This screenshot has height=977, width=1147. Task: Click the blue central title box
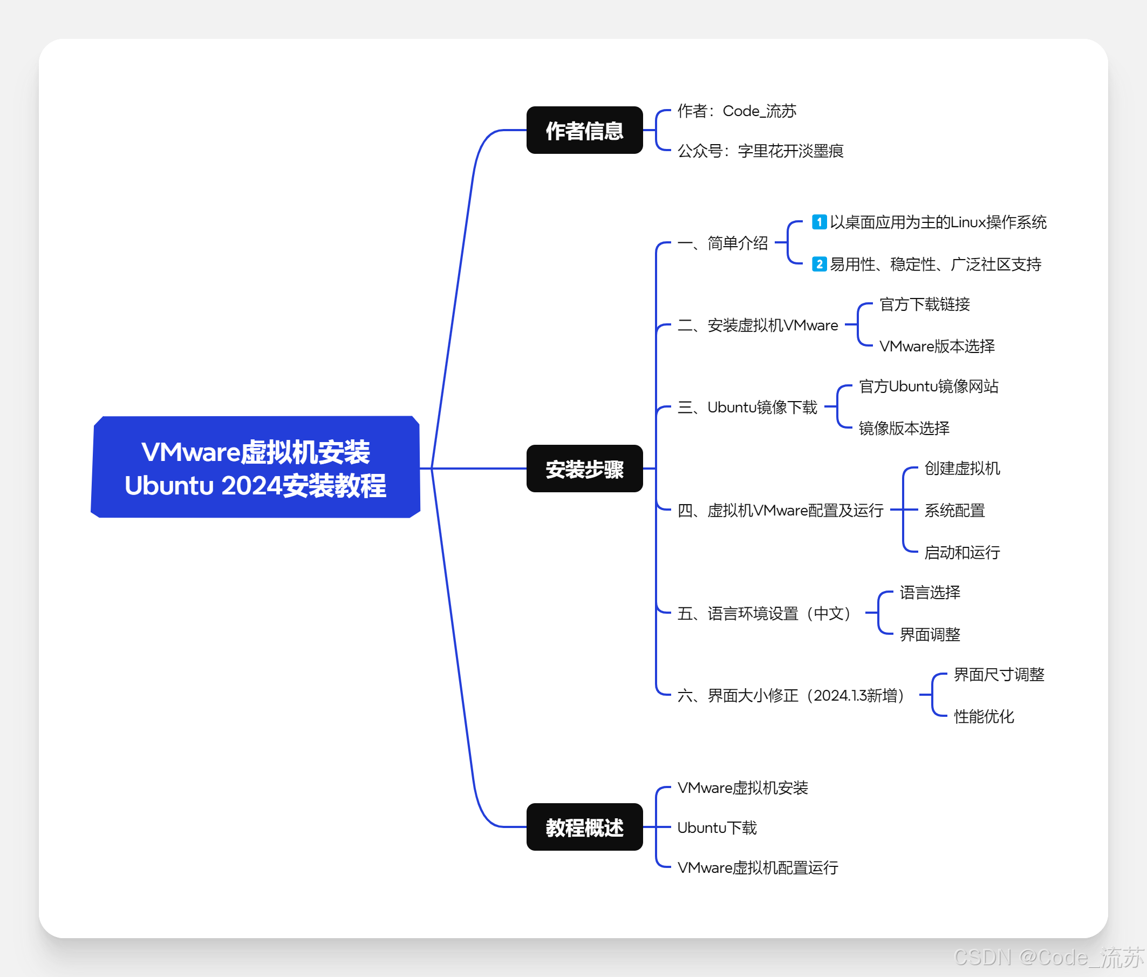click(255, 468)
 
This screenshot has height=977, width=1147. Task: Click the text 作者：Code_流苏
click(736, 111)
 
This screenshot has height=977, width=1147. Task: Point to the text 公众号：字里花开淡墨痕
click(760, 151)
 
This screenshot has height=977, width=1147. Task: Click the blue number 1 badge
click(819, 222)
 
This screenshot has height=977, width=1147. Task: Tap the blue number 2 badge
click(819, 264)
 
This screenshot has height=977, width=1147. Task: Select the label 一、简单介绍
click(722, 242)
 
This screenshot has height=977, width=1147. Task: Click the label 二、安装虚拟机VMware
click(757, 325)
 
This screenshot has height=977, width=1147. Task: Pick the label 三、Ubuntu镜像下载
click(747, 407)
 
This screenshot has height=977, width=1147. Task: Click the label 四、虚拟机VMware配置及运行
click(780, 510)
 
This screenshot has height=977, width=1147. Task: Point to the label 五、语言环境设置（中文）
click(764, 613)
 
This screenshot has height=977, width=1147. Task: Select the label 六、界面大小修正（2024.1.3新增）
click(791, 695)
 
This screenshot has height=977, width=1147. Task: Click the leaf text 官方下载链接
click(925, 304)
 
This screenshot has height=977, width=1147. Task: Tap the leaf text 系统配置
click(954, 510)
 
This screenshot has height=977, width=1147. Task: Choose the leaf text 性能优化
click(984, 716)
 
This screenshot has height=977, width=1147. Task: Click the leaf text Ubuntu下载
click(717, 827)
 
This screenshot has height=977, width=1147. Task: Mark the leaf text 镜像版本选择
click(904, 428)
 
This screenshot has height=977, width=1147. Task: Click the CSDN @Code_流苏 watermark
click(1048, 957)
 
